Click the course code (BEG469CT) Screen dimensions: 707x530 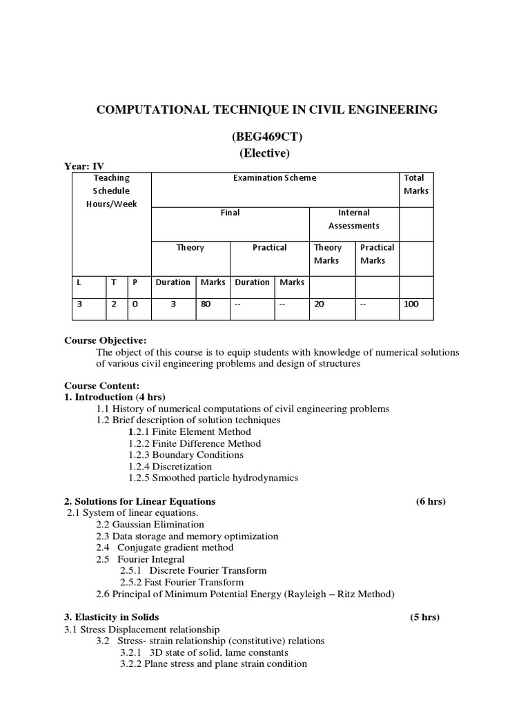[x=265, y=137]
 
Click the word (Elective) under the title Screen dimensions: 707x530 [x=265, y=153]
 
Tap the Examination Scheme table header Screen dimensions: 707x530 [x=275, y=178]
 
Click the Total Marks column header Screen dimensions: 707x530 [x=416, y=184]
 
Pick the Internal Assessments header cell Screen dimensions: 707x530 [x=354, y=219]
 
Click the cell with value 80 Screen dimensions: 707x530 [x=206, y=304]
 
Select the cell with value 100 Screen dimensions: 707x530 [x=411, y=304]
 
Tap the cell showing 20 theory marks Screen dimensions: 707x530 [x=319, y=304]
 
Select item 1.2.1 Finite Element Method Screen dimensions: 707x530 [x=190, y=432]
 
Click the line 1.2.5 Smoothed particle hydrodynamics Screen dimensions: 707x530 [x=213, y=478]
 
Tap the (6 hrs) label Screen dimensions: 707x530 [x=431, y=501]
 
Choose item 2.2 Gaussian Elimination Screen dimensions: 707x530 [x=150, y=525]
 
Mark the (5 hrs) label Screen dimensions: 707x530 [x=424, y=617]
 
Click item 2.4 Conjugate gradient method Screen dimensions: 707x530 [x=164, y=548]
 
